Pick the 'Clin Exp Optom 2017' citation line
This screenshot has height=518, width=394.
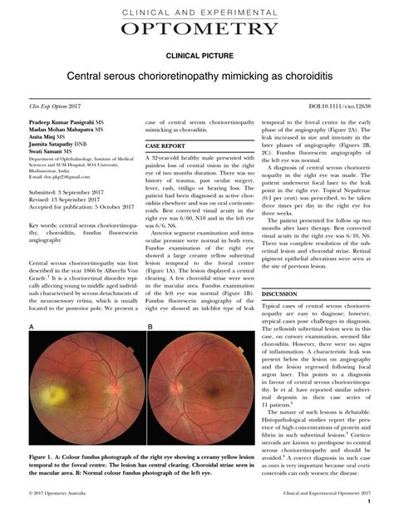[55, 108]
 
